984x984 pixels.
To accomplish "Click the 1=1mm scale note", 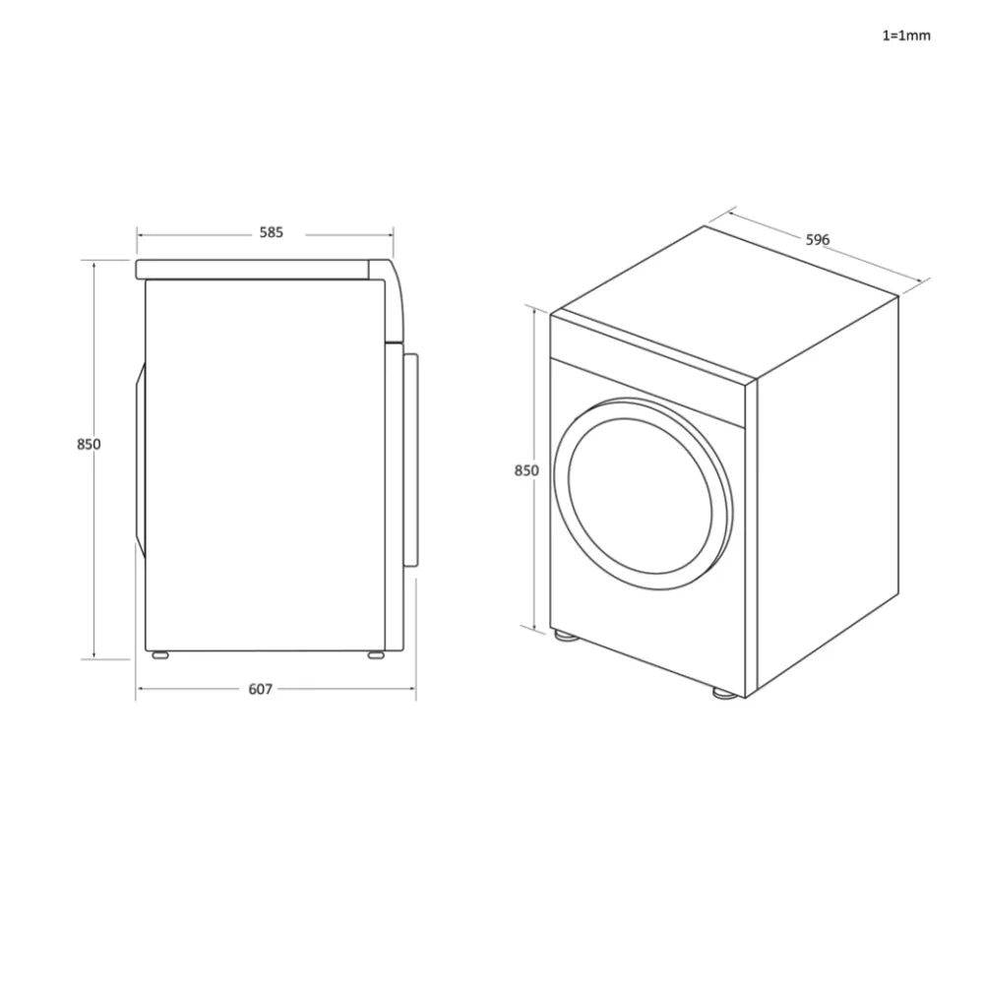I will [x=905, y=35].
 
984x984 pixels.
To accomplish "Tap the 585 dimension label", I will [x=272, y=233].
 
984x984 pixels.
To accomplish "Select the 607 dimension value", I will [x=260, y=690].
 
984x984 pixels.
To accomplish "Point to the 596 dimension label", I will [x=818, y=239].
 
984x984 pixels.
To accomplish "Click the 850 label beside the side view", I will [x=89, y=444].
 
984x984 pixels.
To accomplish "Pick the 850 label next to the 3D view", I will [x=526, y=470].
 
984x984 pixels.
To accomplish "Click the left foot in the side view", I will [x=158, y=654].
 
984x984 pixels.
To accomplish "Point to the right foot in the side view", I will [x=376, y=654].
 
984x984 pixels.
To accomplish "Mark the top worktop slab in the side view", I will [x=256, y=270].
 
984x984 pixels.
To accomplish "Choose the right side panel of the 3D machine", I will [x=827, y=492].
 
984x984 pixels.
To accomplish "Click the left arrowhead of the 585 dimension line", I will [x=140, y=234].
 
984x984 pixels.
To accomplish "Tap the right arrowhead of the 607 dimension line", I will [x=412, y=690].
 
